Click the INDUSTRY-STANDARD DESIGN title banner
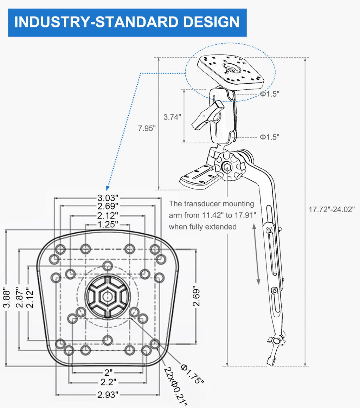coord(127,22)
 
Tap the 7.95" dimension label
coord(147,128)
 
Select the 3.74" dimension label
coord(173,117)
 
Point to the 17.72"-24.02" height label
coord(332,209)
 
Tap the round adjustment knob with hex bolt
coord(227,166)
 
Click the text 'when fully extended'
coord(202,227)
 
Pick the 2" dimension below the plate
coord(108,372)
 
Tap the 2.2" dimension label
coord(108,382)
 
